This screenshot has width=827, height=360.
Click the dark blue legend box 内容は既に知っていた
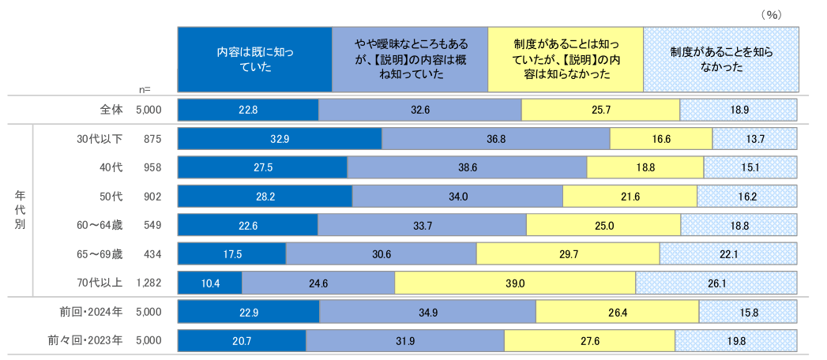pos(254,60)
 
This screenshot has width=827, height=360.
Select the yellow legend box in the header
pos(566,60)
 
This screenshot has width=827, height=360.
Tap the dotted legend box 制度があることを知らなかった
pos(720,60)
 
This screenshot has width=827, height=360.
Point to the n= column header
pos(144,89)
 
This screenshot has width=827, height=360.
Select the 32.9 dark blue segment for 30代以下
pos(280,138)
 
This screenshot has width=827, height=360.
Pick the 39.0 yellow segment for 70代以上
pos(515,283)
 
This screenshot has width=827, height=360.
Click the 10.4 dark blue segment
pos(209,283)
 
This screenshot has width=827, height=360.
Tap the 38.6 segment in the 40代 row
pos(467,167)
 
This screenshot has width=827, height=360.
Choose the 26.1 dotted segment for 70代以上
pos(716,283)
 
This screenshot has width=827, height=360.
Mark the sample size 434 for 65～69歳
pos(152,253)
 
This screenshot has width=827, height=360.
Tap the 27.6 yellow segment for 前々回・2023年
pos(589,341)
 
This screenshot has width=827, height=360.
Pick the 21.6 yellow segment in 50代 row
pos(630,196)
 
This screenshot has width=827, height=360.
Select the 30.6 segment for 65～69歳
pos(381,253)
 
